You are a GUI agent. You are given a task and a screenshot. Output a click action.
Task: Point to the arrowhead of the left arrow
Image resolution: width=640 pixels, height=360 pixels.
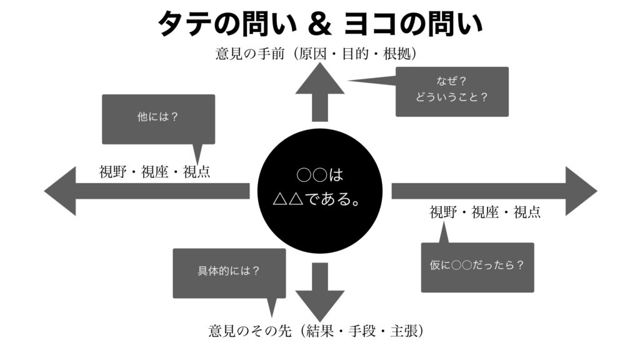coord(60,191)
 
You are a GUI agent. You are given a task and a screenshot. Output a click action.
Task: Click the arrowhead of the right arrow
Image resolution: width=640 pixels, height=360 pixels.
coord(581,191)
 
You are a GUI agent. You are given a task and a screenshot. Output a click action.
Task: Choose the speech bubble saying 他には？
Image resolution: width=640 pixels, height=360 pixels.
coord(158,119)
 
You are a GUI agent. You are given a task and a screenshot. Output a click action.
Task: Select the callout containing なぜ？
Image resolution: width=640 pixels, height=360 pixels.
coord(452,91)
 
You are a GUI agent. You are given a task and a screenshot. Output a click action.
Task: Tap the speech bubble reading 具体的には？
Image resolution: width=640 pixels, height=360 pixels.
coord(229,272)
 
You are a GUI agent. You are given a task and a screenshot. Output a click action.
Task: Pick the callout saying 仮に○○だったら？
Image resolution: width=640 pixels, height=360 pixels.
coord(477,267)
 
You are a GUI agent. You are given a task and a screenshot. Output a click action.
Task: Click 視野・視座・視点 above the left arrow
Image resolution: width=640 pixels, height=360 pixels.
coord(154,172)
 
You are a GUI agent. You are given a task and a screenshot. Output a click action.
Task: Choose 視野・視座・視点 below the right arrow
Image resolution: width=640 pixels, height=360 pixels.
coord(485,212)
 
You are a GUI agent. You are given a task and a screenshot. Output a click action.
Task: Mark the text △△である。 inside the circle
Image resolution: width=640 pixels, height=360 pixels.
coord(320,200)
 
